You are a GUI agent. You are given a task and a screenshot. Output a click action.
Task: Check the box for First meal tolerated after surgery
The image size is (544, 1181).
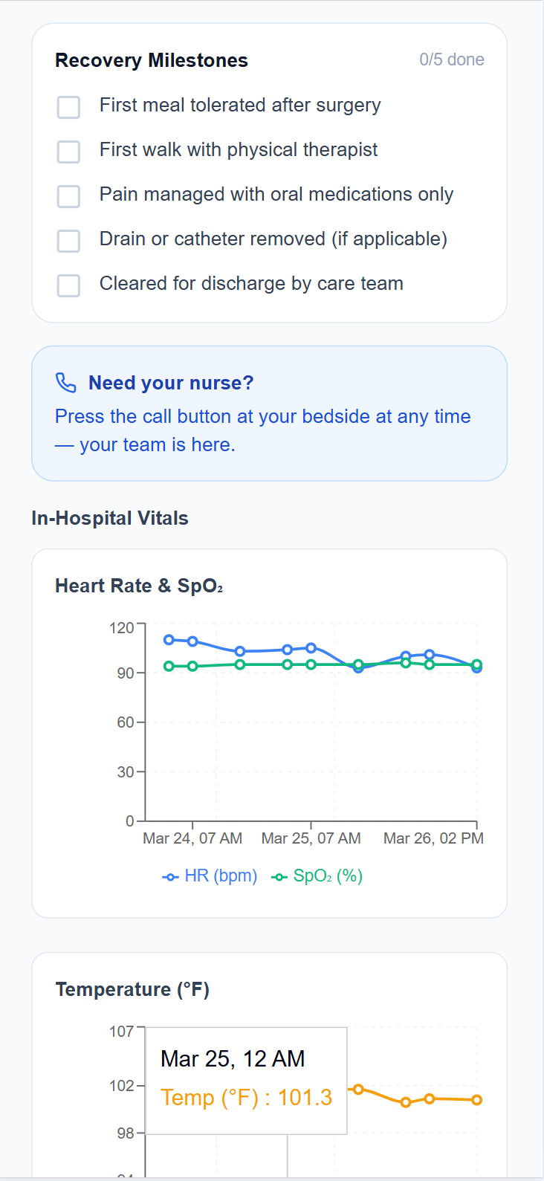68,107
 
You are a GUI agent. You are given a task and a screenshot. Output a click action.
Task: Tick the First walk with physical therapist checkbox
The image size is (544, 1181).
68,152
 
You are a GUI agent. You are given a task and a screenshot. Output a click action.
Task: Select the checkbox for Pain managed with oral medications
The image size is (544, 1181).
68,196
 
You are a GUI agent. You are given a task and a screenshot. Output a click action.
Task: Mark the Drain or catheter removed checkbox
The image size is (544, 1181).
68,241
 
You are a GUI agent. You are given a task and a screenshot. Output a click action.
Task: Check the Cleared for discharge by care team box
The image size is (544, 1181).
68,285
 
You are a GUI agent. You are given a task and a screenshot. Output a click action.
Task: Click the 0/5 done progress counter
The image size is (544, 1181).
451,60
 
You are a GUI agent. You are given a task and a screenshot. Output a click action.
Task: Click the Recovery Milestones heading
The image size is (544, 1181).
152,61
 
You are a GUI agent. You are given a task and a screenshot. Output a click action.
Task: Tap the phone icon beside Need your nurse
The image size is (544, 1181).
66,383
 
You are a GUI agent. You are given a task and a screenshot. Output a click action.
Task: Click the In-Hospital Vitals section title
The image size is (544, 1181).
110,518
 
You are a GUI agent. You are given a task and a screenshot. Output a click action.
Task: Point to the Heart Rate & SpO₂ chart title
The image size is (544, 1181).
139,586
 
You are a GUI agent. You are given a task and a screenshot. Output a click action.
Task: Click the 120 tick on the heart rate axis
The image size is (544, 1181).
122,628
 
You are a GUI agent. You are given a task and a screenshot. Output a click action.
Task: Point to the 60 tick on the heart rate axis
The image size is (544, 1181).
126,722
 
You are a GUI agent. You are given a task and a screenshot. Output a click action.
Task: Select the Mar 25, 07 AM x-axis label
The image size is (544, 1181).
311,838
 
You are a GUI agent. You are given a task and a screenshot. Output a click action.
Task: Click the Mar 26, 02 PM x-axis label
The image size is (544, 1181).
433,838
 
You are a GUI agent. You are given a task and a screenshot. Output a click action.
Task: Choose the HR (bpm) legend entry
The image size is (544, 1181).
210,876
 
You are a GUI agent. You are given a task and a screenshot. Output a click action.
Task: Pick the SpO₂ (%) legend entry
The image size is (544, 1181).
317,876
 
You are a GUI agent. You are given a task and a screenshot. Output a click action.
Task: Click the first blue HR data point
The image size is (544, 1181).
169,640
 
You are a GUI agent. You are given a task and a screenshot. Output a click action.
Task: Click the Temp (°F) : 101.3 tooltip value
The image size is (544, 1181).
246,1098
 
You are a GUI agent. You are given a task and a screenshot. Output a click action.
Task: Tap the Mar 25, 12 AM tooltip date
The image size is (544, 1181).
233,1059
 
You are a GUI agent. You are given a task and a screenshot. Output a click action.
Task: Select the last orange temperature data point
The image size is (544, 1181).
477,1100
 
